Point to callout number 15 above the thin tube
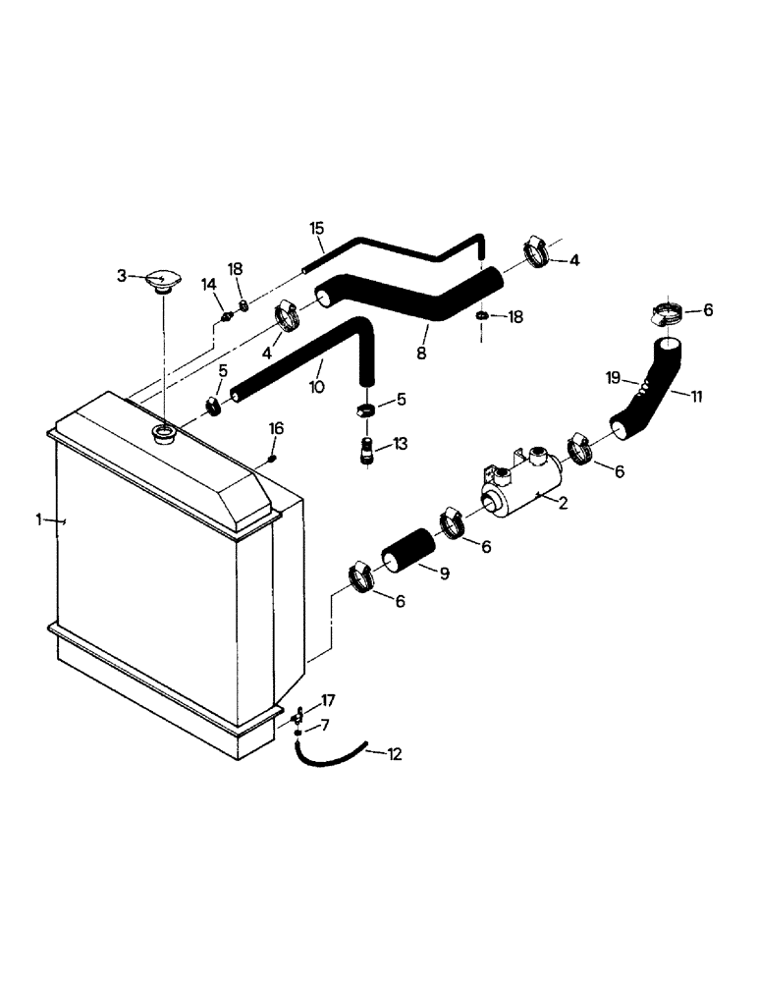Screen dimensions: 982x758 pyautogui.click(x=316, y=229)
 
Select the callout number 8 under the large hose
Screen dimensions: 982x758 pyautogui.click(x=421, y=351)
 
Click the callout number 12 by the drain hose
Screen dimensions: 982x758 pyautogui.click(x=394, y=755)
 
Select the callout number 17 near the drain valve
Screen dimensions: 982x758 pyautogui.click(x=328, y=701)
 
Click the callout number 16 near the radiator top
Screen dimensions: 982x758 pyautogui.click(x=277, y=429)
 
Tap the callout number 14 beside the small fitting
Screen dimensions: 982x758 pyautogui.click(x=210, y=284)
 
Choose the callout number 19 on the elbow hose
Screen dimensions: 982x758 pyautogui.click(x=612, y=376)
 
